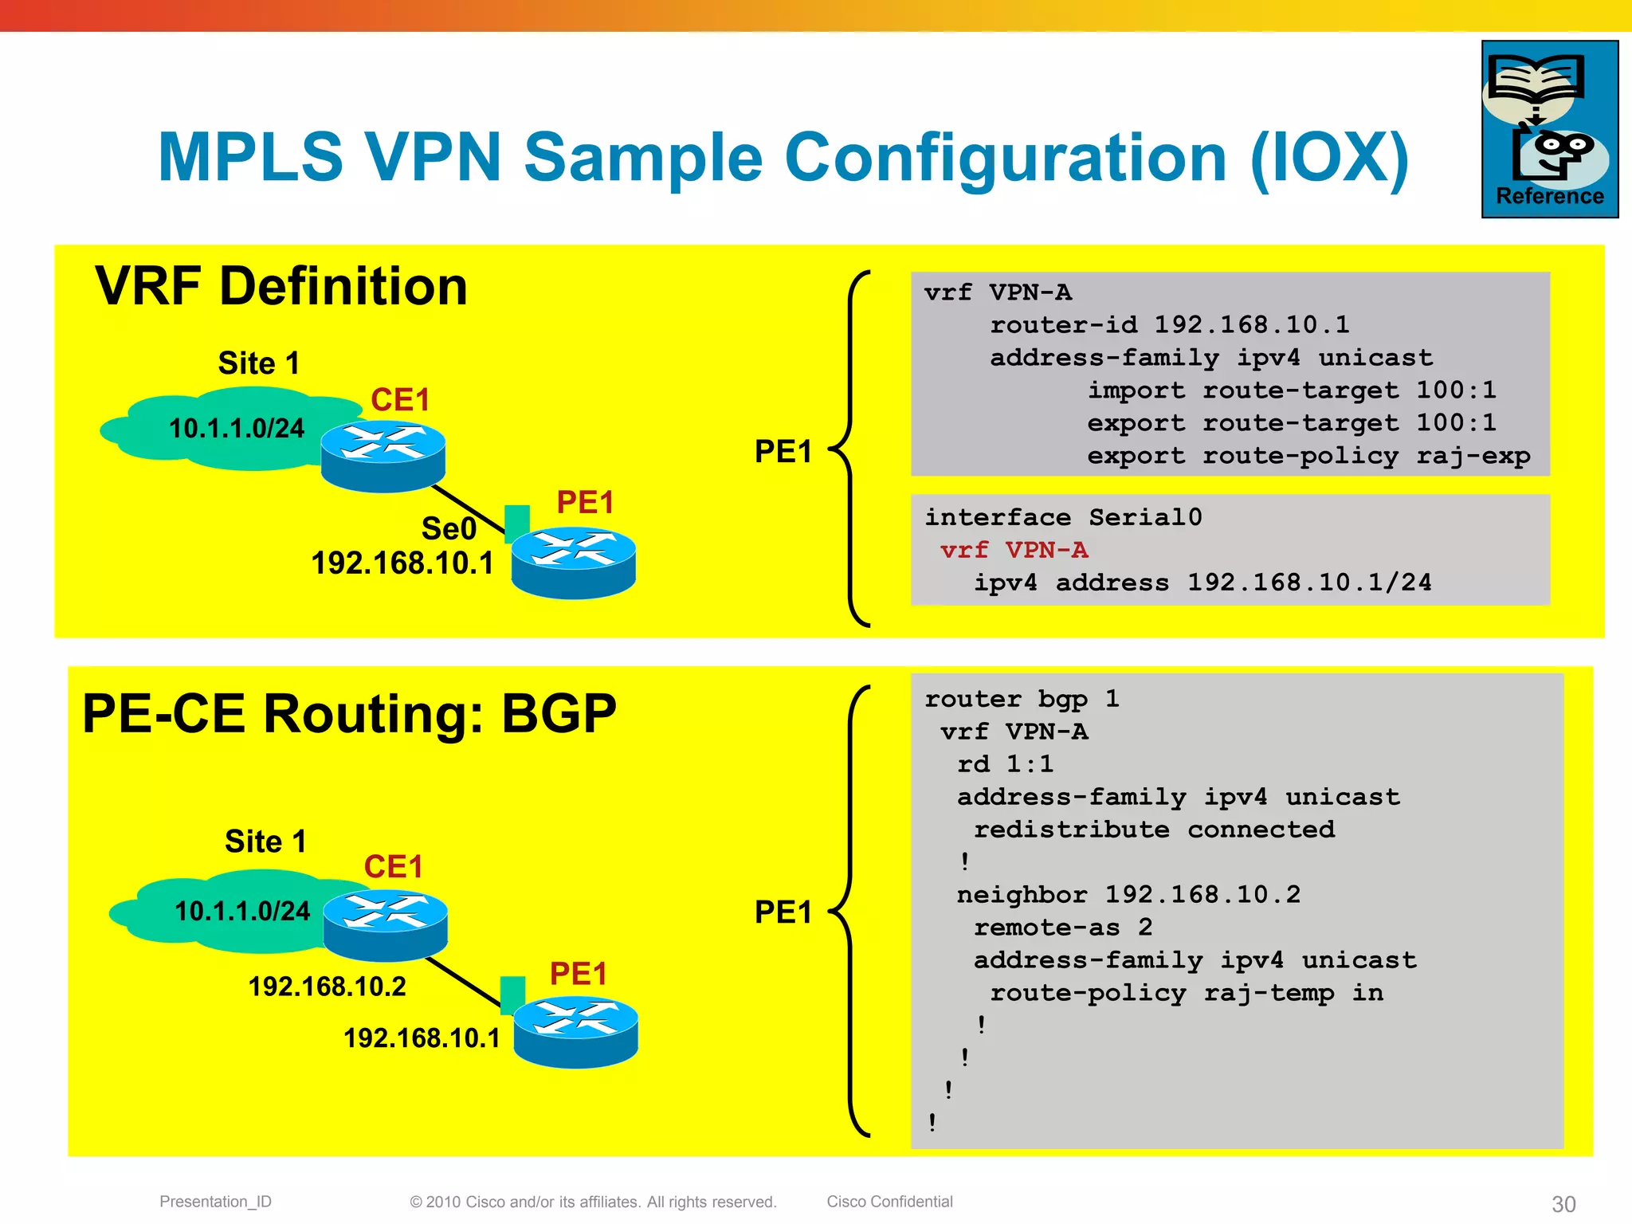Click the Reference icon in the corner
point(1549,129)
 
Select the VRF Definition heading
point(280,286)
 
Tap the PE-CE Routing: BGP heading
point(349,713)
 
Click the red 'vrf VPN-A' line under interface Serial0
point(1014,550)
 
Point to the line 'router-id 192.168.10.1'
point(1169,324)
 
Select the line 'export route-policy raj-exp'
point(1308,456)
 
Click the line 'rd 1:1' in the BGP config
point(1005,764)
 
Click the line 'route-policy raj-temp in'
point(1186,993)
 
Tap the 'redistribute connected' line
point(1154,830)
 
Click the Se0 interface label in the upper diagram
point(449,528)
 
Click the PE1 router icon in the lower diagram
point(575,1031)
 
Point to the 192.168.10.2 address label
point(327,987)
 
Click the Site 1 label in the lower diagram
point(265,841)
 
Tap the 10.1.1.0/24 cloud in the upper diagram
point(236,429)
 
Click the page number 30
point(1563,1203)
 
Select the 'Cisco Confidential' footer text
point(889,1202)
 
